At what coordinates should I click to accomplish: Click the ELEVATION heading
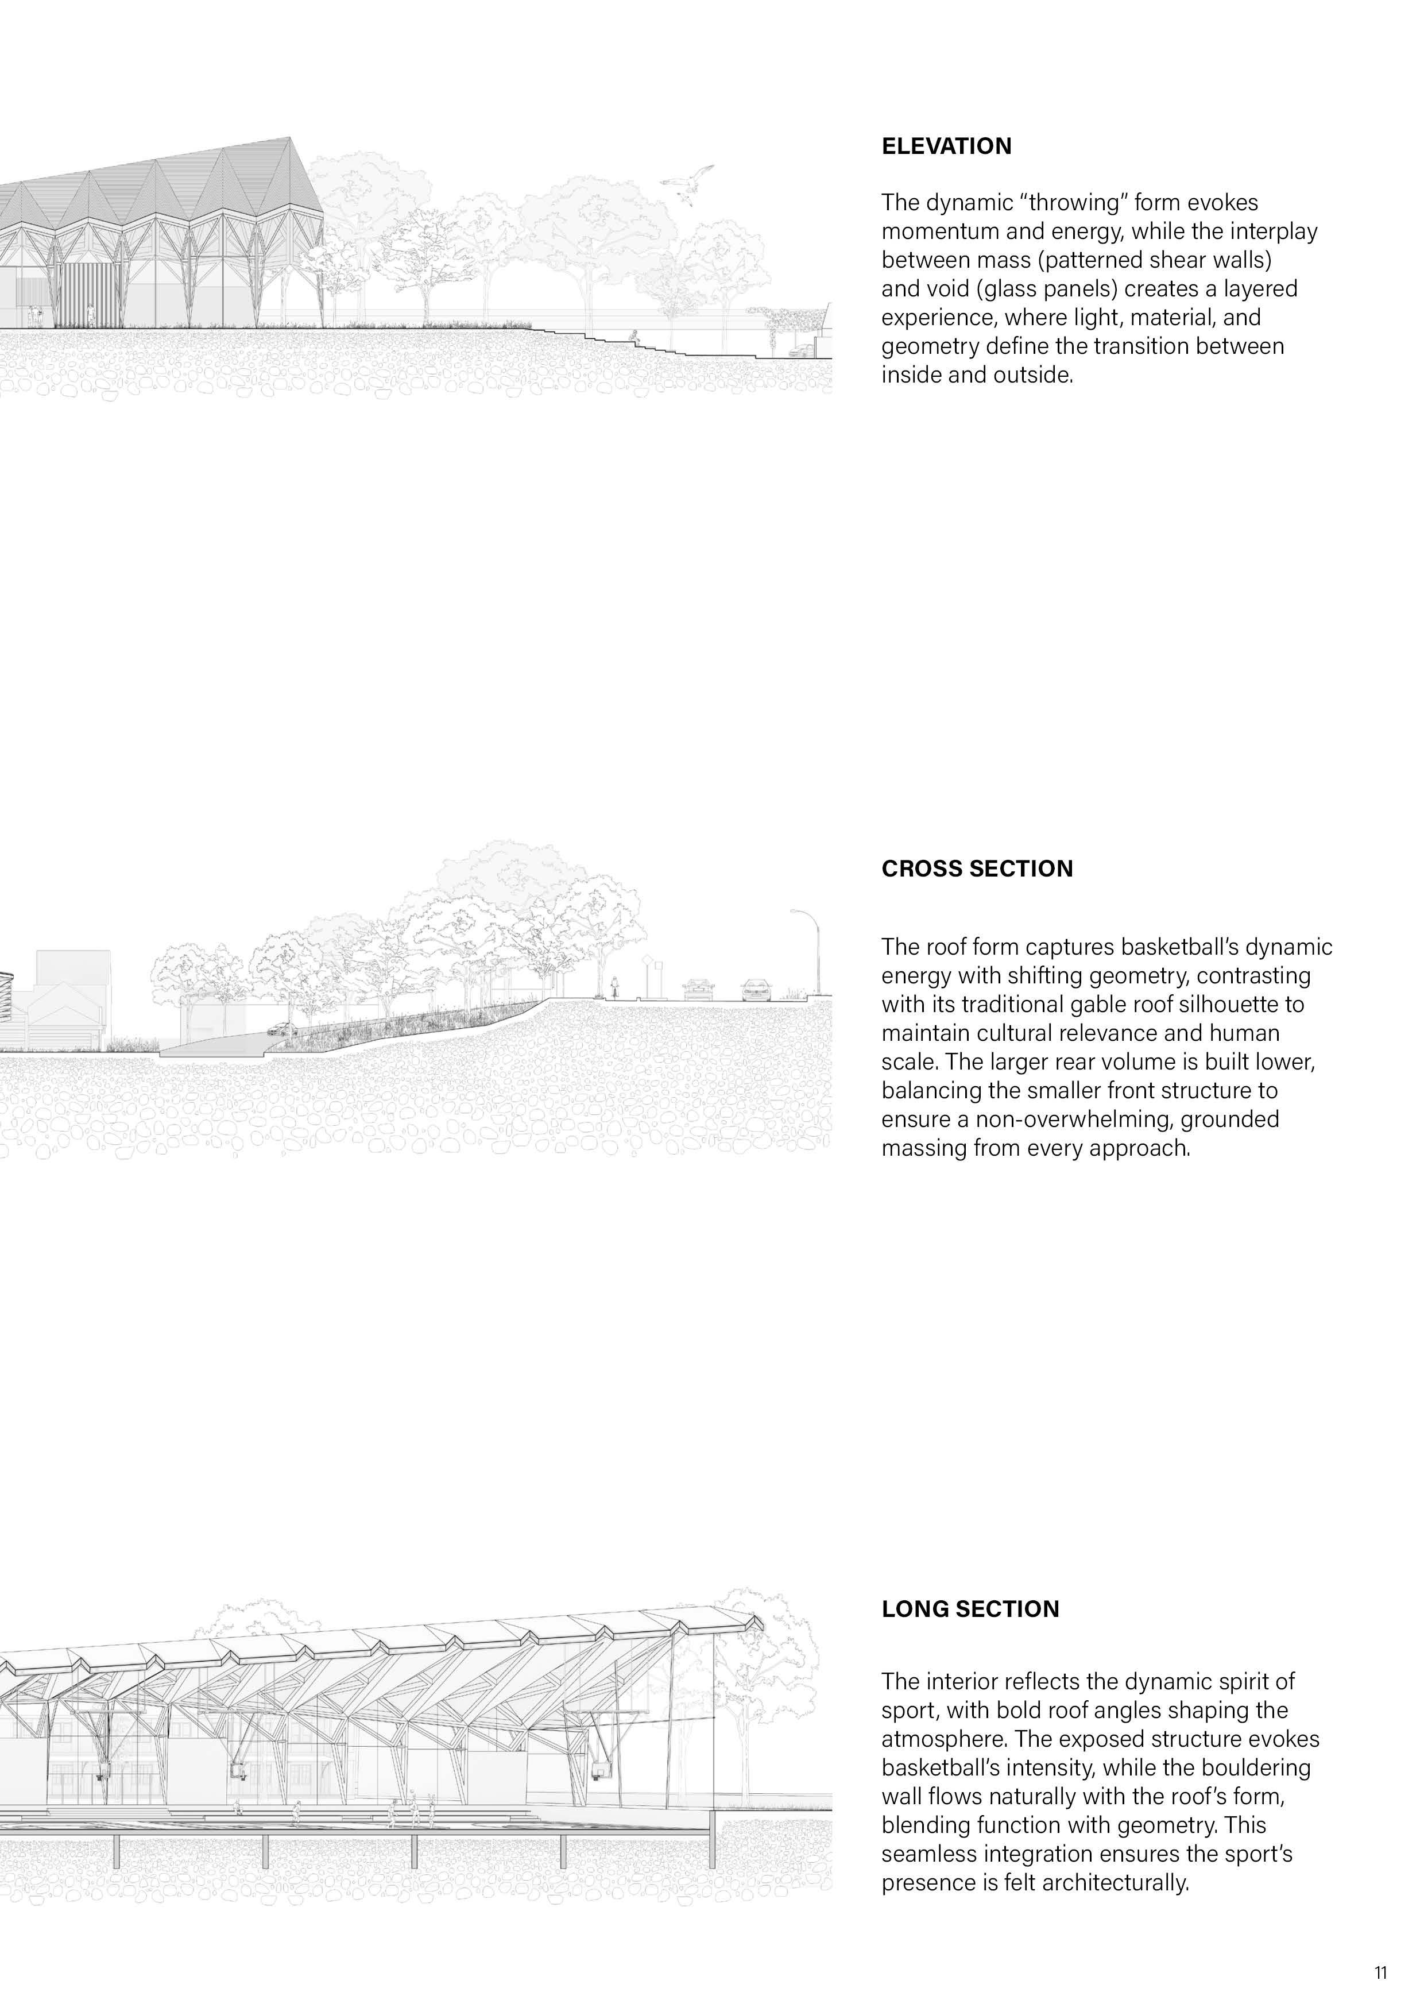946,146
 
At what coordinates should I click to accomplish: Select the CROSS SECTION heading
977,869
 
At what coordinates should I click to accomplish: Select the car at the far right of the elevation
800,350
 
